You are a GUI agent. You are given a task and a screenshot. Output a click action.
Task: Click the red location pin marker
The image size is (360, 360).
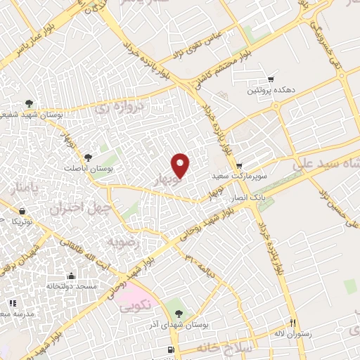pyautogui.click(x=181, y=165)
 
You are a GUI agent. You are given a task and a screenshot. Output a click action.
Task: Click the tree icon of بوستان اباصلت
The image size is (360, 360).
pyautogui.click(x=88, y=157)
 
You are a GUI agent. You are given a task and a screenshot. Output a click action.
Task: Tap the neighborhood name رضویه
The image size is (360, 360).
pyautogui.click(x=120, y=242)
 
